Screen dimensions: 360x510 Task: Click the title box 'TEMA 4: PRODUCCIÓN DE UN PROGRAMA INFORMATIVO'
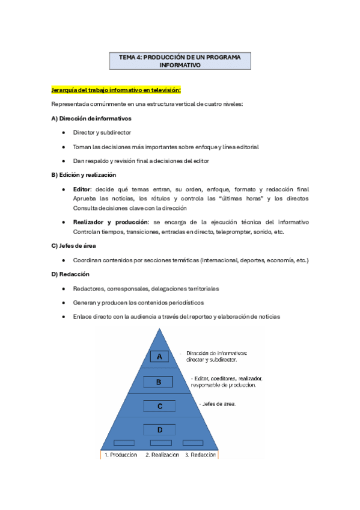(180, 61)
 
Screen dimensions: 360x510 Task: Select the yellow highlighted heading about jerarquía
(116, 90)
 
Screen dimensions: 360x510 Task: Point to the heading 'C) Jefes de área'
(73, 245)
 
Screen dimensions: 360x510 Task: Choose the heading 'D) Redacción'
(71, 274)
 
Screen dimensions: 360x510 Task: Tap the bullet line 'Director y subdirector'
(102, 132)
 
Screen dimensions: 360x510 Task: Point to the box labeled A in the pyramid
(159, 357)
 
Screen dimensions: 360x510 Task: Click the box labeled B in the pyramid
(159, 381)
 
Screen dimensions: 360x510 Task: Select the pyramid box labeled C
(159, 406)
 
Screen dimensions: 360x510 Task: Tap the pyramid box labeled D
(159, 429)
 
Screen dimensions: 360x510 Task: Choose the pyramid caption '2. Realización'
(162, 455)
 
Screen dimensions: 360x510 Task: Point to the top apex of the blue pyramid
(159, 328)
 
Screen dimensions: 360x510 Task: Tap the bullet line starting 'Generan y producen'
(138, 302)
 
